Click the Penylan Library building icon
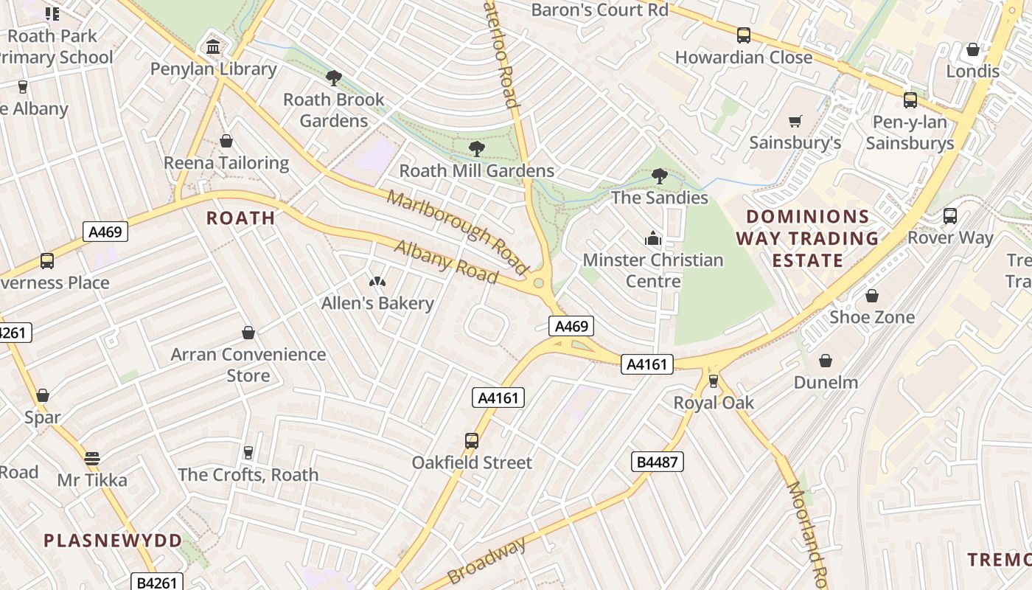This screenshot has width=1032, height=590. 213,47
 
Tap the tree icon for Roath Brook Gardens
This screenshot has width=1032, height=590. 334,77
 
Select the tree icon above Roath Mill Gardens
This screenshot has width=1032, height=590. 477,149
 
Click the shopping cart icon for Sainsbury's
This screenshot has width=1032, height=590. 795,121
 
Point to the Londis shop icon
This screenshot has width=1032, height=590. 973,50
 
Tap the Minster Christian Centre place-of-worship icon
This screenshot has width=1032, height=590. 653,238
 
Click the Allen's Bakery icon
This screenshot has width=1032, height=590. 377,282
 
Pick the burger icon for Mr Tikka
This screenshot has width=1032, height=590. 92,459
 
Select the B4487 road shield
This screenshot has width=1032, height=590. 658,462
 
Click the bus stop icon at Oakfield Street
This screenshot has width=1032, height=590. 472,441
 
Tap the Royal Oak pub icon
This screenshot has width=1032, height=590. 714,381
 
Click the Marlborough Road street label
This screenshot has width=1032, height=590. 458,230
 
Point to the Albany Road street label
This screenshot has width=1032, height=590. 446,262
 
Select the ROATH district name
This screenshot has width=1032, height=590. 240,218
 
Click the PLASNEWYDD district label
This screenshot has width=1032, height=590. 113,541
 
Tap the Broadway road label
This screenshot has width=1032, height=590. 487,560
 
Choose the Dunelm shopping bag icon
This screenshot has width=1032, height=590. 826,361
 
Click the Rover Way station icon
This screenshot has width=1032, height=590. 950,216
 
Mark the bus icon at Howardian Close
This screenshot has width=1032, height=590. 744,35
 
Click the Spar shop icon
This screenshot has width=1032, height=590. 43,396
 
